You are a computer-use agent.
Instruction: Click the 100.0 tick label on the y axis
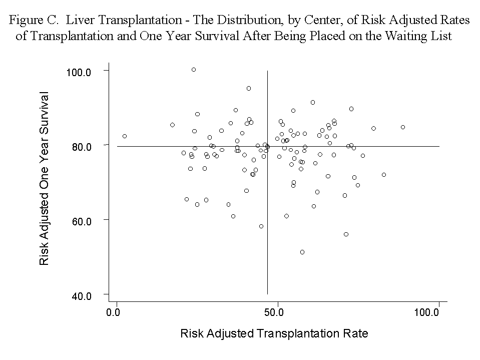(x=79, y=72)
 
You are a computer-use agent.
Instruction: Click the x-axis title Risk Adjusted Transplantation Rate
(x=274, y=333)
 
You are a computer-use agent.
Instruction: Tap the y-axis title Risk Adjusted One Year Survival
(x=45, y=178)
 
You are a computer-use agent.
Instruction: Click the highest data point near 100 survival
(x=194, y=70)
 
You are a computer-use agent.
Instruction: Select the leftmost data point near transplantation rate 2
(x=125, y=136)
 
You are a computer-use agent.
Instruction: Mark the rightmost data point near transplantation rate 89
(x=403, y=127)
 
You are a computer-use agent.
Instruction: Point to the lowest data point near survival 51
(x=302, y=252)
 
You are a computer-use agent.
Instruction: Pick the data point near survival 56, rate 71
(x=346, y=234)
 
